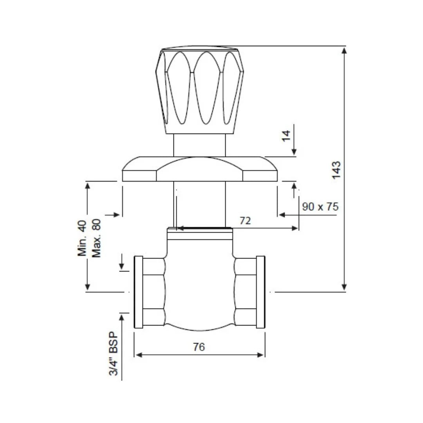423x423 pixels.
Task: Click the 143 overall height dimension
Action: tap(336, 169)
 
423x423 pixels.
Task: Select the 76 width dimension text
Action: tap(199, 347)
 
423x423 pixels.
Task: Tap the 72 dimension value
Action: tap(245, 221)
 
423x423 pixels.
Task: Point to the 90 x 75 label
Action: tap(320, 207)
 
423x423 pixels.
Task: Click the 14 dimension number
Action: tap(287, 136)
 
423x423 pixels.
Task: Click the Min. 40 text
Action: tap(82, 238)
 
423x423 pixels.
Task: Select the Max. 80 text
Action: tap(96, 238)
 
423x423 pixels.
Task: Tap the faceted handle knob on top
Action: tap(200, 90)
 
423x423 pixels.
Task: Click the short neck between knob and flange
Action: tap(200, 145)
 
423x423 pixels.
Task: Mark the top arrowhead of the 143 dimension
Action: tap(344, 50)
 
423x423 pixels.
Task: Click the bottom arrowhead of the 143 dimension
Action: tap(344, 287)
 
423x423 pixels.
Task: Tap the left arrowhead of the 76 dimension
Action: tap(138, 355)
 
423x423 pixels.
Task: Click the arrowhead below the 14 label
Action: tap(295, 152)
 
